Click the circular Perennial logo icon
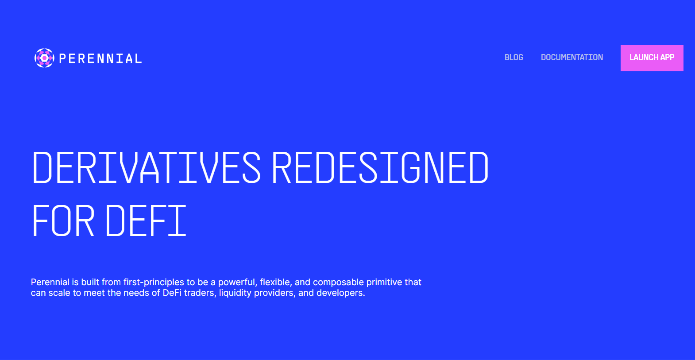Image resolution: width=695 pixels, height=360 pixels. [44, 58]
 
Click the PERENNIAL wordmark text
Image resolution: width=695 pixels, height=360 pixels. [100, 58]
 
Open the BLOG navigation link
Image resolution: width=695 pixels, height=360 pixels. [514, 58]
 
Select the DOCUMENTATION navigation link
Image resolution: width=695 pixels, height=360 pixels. [572, 58]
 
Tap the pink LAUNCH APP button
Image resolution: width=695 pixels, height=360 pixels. [652, 58]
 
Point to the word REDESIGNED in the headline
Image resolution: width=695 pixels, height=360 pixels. [380, 167]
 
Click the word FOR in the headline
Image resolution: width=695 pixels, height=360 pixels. [63, 221]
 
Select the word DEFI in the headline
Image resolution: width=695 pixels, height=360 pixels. [146, 221]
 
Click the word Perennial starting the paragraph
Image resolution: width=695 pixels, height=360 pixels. [50, 282]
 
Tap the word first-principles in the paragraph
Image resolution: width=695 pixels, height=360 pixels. [154, 283]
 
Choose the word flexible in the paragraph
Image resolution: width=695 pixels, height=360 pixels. [276, 283]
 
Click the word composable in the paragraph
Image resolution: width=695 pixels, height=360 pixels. [338, 283]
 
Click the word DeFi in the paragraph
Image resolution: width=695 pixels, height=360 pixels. [172, 293]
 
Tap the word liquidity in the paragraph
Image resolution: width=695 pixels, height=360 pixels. [235, 294]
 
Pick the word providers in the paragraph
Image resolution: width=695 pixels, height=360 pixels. [275, 294]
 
